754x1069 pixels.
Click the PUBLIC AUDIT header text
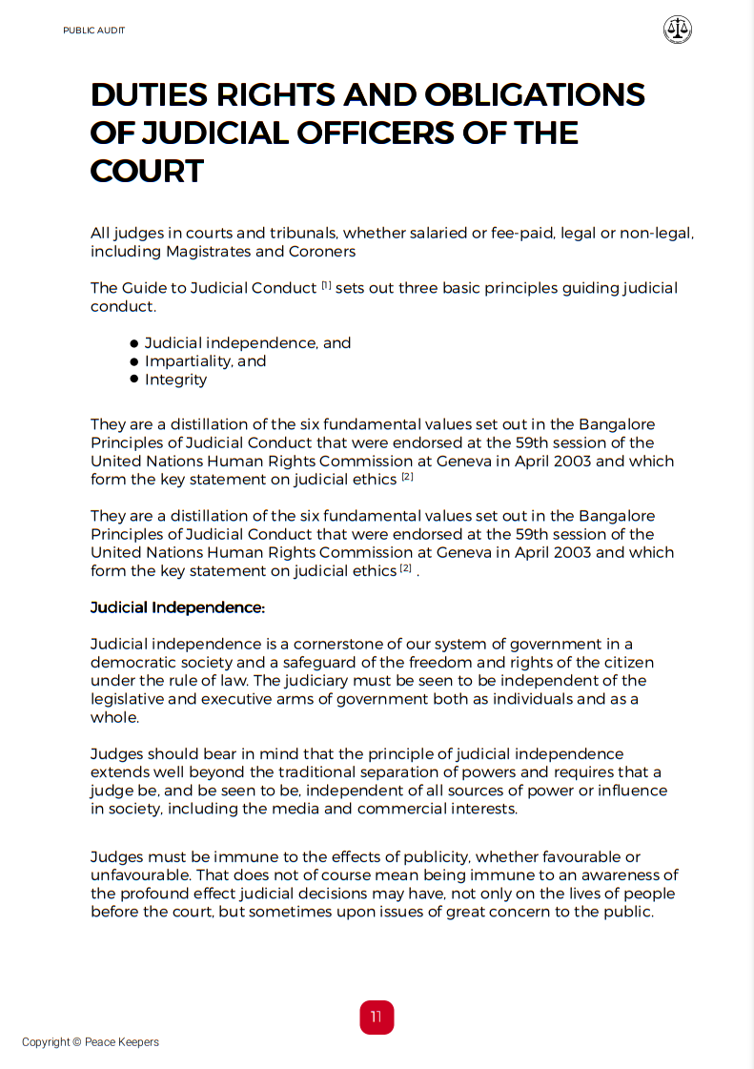click(93, 31)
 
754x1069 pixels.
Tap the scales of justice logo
click(677, 30)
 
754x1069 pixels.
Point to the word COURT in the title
click(147, 171)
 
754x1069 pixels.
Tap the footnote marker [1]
click(326, 285)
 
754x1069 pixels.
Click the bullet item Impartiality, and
click(205, 361)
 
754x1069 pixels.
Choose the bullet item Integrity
click(175, 380)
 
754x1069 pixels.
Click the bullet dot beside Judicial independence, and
click(134, 343)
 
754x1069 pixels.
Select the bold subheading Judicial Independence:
click(177, 607)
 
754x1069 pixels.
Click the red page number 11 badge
click(377, 1017)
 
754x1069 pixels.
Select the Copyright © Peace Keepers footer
click(91, 1042)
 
